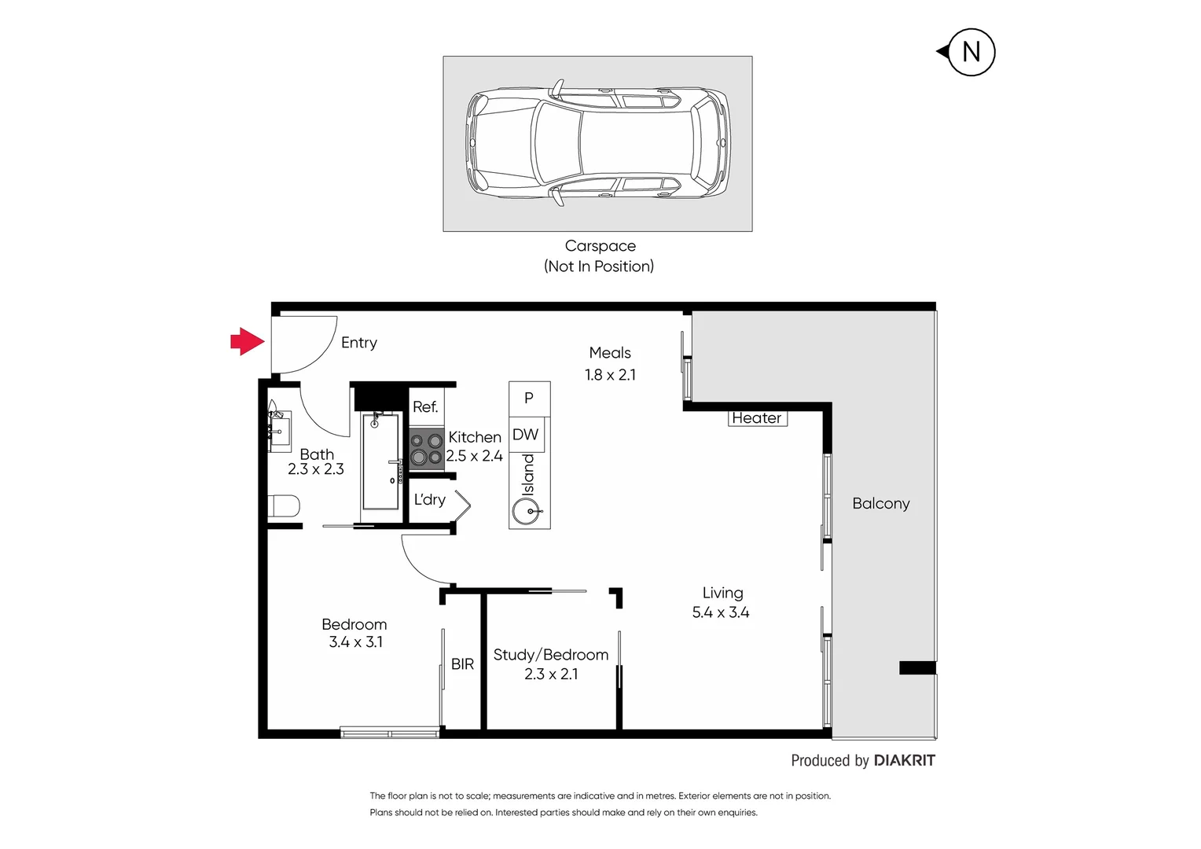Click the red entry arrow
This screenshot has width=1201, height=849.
(x=247, y=341)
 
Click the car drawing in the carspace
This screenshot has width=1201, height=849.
(x=598, y=143)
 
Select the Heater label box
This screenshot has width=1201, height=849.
(x=757, y=418)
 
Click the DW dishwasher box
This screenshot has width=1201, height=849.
(x=526, y=435)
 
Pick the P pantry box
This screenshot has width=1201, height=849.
(x=529, y=399)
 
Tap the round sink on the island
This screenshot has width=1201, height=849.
(x=526, y=513)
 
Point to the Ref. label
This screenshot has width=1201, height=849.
(x=425, y=407)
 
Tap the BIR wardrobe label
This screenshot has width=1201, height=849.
(x=462, y=664)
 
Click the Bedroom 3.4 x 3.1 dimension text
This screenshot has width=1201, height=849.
(x=355, y=642)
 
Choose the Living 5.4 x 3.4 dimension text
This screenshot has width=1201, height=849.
(x=721, y=612)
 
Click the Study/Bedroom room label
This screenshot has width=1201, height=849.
(x=550, y=655)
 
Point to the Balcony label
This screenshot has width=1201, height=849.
(x=880, y=503)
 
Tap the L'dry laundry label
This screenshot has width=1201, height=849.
(x=430, y=500)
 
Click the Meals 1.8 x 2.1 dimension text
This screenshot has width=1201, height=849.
(x=610, y=375)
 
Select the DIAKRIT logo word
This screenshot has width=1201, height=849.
(x=904, y=760)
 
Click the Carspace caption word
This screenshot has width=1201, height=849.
(x=600, y=246)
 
